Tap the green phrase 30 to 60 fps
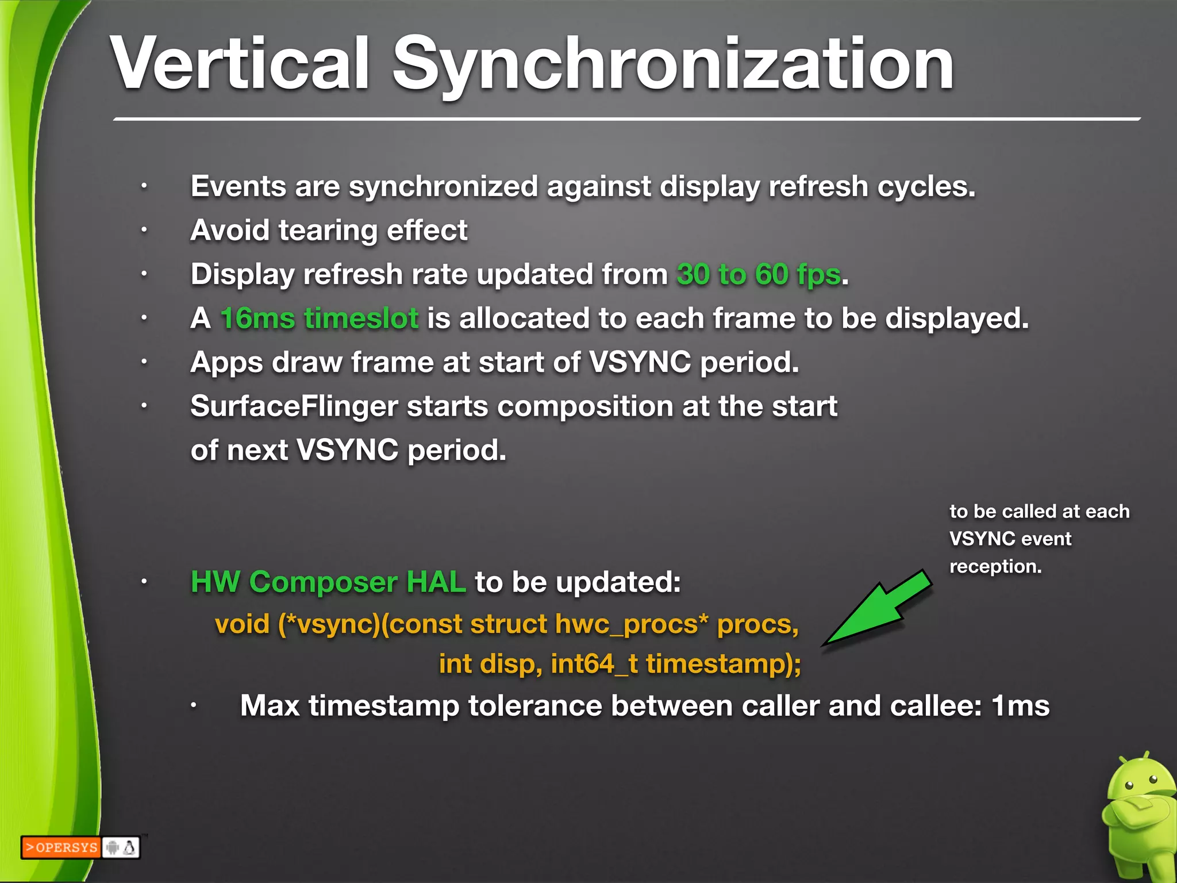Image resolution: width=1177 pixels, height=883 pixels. (x=759, y=274)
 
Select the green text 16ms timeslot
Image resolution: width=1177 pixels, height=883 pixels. (x=320, y=318)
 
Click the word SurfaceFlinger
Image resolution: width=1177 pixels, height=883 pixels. (x=294, y=406)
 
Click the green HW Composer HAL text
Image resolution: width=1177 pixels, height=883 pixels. (x=328, y=582)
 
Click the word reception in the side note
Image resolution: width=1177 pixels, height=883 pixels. (x=995, y=567)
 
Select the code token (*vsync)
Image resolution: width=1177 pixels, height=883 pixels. (x=329, y=624)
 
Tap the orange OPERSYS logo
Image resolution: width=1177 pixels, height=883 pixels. (x=61, y=847)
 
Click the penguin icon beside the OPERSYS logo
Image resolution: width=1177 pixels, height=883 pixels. (x=130, y=847)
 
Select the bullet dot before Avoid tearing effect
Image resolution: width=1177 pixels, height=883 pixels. (x=145, y=231)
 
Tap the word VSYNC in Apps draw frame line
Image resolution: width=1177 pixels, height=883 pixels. (x=640, y=363)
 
